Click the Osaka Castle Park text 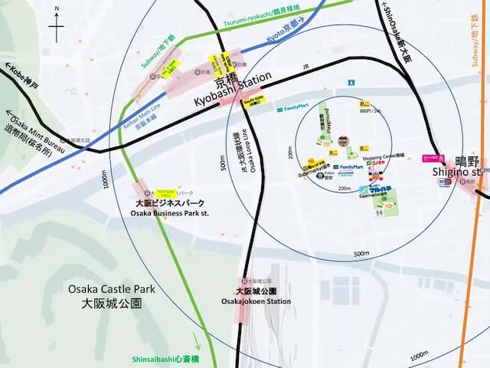(x=111, y=289)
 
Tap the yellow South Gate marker (x=253, y=100)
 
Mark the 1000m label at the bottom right (x=419, y=355)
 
